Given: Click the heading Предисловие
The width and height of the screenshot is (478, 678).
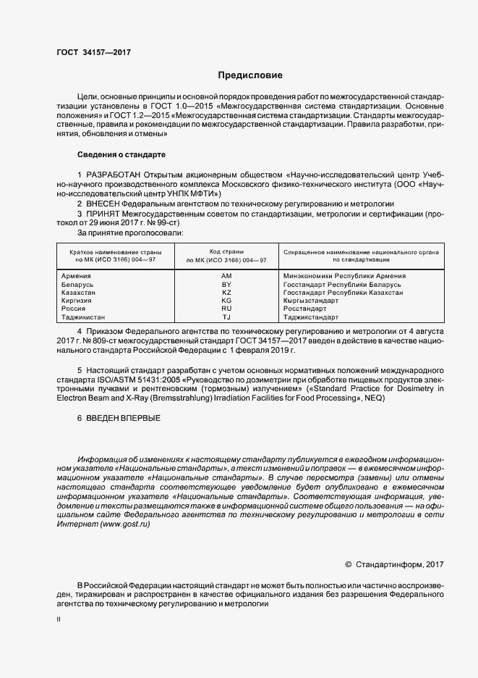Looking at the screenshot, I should pos(250,75).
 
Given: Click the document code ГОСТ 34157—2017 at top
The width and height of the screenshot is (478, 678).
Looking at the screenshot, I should pos(93,52).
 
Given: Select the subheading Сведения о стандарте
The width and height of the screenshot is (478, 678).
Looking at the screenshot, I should pos(121,155).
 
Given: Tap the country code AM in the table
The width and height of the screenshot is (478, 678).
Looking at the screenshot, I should pos(226,276).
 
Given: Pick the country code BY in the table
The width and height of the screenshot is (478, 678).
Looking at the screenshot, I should pos(226,285).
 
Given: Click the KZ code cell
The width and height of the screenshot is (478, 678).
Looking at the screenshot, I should pos(226,293).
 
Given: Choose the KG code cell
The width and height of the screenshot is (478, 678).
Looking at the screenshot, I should pos(226,301).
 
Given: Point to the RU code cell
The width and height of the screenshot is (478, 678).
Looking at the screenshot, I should pos(226,309).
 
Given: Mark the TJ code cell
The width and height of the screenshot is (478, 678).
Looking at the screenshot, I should pos(226,317).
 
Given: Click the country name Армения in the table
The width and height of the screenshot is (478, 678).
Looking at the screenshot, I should pos(77,276).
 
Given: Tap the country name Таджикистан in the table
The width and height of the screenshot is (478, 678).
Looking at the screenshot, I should pos(83,317).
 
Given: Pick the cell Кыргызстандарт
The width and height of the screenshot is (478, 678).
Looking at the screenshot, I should pos(312,301).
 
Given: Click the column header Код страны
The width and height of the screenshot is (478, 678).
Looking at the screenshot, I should pos(226,251).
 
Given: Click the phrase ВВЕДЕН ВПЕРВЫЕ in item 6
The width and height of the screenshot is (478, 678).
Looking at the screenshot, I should pos(124,419).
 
